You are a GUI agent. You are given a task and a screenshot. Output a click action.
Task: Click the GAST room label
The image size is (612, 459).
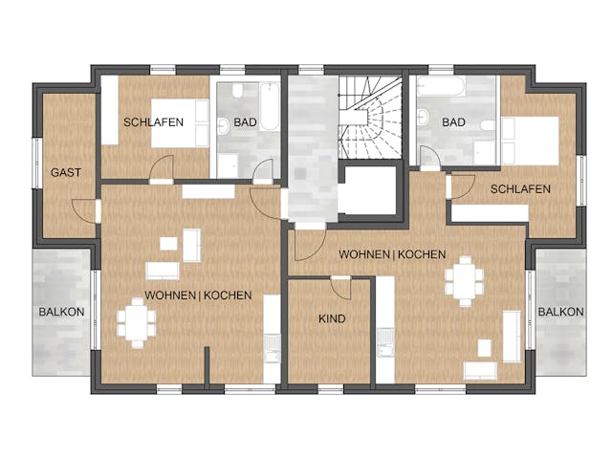(x=66, y=172)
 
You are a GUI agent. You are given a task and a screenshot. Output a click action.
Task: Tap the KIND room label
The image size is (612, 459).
(x=332, y=318)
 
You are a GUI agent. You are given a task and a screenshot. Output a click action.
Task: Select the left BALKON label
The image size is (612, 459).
(x=61, y=312)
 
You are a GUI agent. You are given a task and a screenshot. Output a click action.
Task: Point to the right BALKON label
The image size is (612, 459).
(x=561, y=312)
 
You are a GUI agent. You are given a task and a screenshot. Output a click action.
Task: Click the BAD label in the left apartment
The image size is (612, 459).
(x=245, y=122)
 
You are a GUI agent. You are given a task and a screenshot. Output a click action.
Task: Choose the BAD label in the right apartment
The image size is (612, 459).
(x=453, y=122)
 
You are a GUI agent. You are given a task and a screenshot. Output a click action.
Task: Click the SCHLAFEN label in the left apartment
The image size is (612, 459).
(x=153, y=122)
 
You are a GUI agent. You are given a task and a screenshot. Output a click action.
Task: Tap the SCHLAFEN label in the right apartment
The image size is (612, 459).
(x=520, y=189)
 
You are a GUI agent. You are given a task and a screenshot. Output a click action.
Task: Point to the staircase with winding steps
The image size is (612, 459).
(x=370, y=118)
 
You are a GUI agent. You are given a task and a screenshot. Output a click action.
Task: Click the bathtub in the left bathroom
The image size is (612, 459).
(x=270, y=106)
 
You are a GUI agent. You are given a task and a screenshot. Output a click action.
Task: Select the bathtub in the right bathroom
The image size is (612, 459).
(x=441, y=86)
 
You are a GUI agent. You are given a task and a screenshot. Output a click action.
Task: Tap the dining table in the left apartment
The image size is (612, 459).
(x=137, y=323)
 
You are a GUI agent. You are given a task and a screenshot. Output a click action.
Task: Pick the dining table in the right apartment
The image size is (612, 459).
(x=465, y=280)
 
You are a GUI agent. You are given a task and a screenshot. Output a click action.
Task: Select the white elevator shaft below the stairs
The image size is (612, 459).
(x=367, y=191)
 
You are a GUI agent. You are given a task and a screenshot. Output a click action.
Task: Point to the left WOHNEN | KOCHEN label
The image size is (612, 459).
(x=198, y=295)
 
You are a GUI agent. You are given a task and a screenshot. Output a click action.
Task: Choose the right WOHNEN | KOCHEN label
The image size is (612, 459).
(x=392, y=254)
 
